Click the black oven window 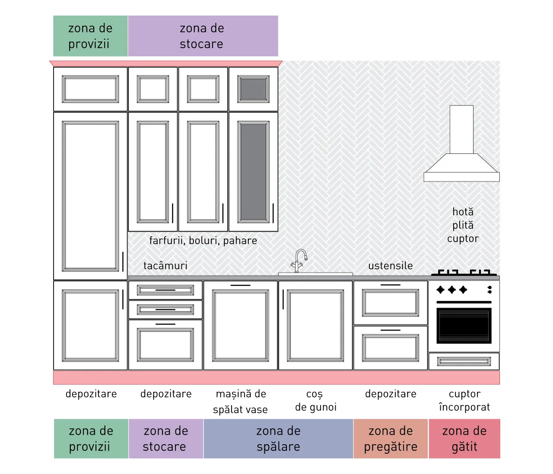coord(464,325)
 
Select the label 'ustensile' coord(390,266)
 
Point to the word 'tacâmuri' coord(165,265)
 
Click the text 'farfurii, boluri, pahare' coord(203,241)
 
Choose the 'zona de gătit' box coord(464,439)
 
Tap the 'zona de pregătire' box coord(391,439)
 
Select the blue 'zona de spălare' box coord(278,439)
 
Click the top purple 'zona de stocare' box coord(203,36)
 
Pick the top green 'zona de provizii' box coord(90,36)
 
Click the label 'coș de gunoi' coord(316,401)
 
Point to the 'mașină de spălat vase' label coord(241,402)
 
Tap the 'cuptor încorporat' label coord(464,401)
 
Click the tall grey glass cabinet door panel coord(253,172)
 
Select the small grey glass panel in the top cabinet coord(253,89)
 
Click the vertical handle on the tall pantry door coord(123,261)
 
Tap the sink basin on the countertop coord(315,274)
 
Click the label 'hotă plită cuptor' coord(463,225)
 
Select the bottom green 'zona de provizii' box coord(91,439)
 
